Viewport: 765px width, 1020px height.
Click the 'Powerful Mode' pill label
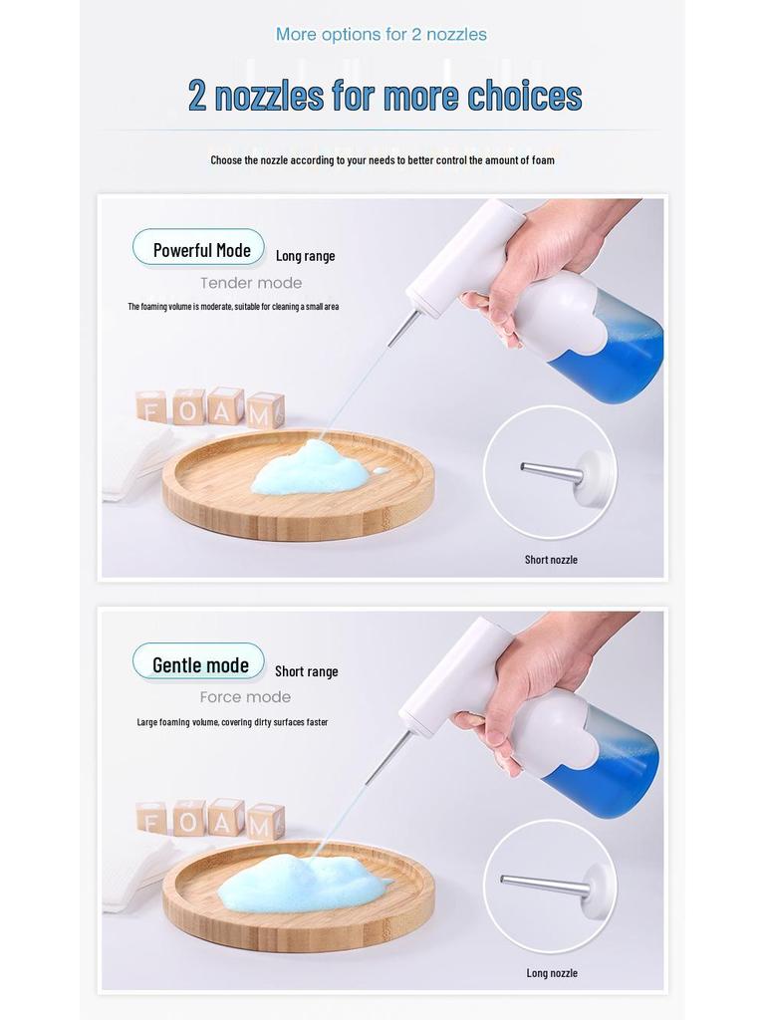199,248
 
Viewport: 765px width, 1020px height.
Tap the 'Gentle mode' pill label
199,663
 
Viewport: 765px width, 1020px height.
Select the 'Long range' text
305,256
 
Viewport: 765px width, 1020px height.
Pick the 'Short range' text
306,671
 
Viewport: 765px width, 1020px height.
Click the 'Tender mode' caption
251,283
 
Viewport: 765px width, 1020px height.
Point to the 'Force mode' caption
245,697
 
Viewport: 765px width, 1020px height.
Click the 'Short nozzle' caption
551,560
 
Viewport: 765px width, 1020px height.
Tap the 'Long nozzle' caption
552,973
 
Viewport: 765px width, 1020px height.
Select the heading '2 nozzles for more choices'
384,96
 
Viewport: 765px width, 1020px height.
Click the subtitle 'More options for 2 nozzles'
382,35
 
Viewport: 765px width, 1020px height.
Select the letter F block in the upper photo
151,406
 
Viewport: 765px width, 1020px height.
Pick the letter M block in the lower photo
265,822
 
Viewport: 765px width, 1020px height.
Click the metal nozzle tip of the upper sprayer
403,329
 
